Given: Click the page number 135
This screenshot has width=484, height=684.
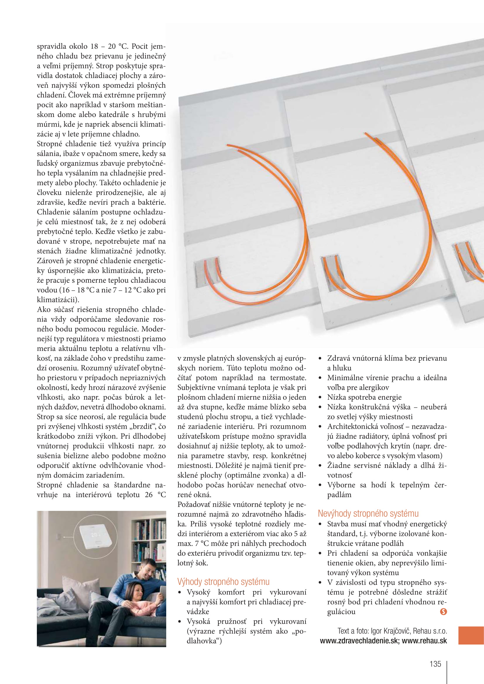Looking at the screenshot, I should click(x=435, y=664).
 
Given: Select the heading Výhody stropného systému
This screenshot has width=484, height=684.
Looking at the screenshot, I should click(x=223, y=582).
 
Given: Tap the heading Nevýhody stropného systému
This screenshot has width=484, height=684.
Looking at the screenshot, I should click(x=368, y=513).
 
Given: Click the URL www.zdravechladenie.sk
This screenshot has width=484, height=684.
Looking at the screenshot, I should click(x=358, y=641).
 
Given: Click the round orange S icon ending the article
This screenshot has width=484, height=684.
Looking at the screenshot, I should click(x=443, y=611).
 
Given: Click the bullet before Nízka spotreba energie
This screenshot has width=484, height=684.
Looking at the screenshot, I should click(x=320, y=397).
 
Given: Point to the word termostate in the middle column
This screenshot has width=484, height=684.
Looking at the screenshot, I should click(x=288, y=378).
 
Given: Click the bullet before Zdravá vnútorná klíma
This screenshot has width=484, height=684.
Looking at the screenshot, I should click(x=320, y=359).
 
